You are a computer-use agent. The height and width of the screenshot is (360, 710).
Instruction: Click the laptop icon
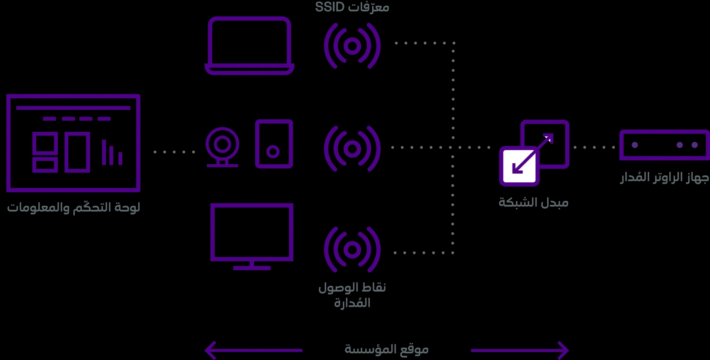pyautogui.click(x=249, y=66)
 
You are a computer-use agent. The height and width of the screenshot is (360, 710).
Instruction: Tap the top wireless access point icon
pyautogui.click(x=352, y=46)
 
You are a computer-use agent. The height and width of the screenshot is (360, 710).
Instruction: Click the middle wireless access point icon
pyautogui.click(x=352, y=148)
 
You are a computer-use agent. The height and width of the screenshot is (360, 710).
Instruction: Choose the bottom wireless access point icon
pyautogui.click(x=352, y=249)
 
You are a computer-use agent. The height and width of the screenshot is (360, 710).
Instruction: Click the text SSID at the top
pyautogui.click(x=330, y=7)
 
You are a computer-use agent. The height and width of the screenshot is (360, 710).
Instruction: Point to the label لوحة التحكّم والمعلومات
pyautogui.click(x=74, y=207)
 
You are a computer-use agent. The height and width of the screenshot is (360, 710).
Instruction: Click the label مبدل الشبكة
pyautogui.click(x=533, y=202)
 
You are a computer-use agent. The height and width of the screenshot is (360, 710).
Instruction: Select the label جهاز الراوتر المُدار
pyautogui.click(x=664, y=177)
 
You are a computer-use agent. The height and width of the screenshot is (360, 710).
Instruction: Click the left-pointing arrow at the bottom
pyautogui.click(x=254, y=350)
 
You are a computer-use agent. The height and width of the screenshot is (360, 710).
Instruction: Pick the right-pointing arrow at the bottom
pyautogui.click(x=520, y=350)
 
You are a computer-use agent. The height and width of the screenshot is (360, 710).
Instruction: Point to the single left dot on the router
pyautogui.click(x=635, y=145)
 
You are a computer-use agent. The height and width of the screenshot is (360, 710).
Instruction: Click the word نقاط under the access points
pyautogui.click(x=374, y=287)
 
